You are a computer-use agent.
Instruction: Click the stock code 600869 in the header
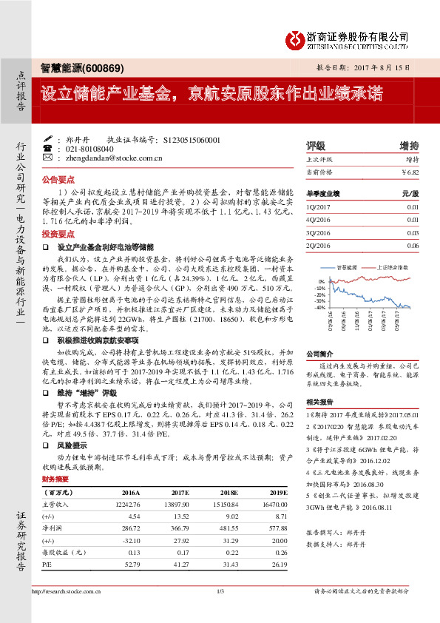(x=104, y=68)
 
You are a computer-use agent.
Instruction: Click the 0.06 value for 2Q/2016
(x=413, y=246)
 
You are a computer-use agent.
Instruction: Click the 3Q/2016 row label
(x=317, y=232)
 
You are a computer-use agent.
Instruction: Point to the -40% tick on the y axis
(x=319, y=307)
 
